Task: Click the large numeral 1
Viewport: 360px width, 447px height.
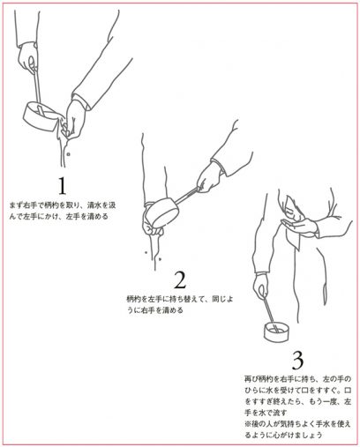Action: pyautogui.click(x=62, y=186)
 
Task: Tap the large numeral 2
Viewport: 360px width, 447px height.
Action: pyautogui.click(x=180, y=279)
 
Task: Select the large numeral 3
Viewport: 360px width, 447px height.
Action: pyautogui.click(x=297, y=361)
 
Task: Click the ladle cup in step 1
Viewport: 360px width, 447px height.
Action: pyautogui.click(x=40, y=116)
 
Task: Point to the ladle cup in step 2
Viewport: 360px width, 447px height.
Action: pyautogui.click(x=162, y=212)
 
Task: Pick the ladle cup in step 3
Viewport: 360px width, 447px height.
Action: pyautogui.click(x=277, y=332)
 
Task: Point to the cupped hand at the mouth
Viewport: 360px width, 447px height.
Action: pyautogui.click(x=298, y=226)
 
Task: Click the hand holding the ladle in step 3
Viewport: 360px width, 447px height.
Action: pyautogui.click(x=260, y=286)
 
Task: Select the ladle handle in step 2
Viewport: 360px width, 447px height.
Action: pyautogui.click(x=187, y=196)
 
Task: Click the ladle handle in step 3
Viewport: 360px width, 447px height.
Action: pyautogui.click(x=270, y=312)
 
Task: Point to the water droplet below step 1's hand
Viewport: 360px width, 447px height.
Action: pyautogui.click(x=68, y=153)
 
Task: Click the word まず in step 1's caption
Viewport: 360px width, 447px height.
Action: pyautogui.click(x=16, y=205)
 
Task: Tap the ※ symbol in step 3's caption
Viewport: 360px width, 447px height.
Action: pyautogui.click(x=248, y=424)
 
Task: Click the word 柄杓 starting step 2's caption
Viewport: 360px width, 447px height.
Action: pyautogui.click(x=133, y=300)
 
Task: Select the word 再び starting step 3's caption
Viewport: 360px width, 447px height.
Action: pyautogui.click(x=251, y=378)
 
